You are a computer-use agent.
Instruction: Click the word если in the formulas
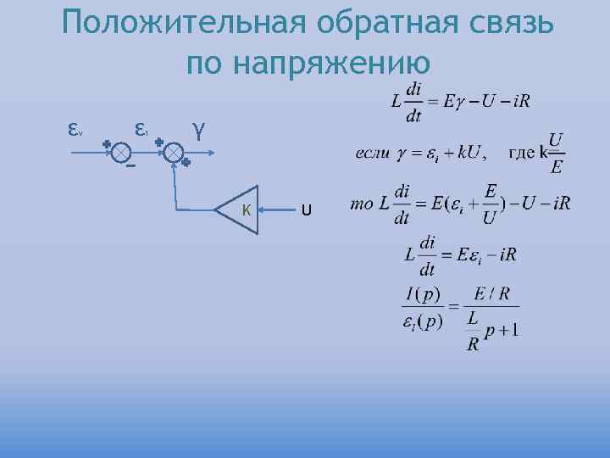pos(373,154)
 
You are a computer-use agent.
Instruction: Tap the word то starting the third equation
pos(361,204)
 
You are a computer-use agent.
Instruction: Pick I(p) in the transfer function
pos(422,294)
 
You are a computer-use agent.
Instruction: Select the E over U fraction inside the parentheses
pos(491,205)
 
